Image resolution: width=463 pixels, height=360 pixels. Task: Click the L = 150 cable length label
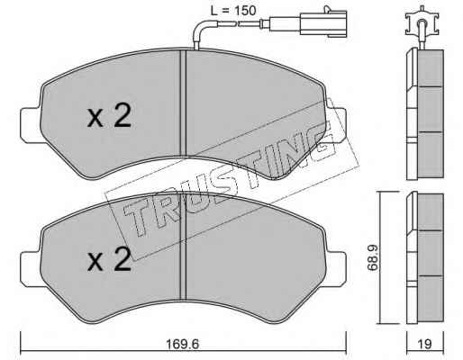[233, 11]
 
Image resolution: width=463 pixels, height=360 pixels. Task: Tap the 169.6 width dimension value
[183, 344]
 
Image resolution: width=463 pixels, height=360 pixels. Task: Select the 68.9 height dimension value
[372, 257]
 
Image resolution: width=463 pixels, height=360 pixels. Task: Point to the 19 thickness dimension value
[425, 344]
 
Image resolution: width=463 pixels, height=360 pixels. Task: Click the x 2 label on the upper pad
[109, 116]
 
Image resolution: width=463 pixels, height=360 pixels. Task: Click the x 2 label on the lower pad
[109, 260]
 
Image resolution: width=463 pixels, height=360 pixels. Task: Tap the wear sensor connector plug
[323, 22]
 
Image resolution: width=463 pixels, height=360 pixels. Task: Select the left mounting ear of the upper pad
[30, 124]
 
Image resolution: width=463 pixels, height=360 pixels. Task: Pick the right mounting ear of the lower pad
[336, 268]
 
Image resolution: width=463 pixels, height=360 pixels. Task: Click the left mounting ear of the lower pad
[30, 268]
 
